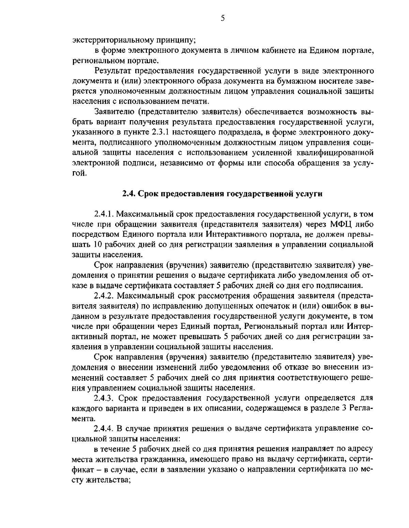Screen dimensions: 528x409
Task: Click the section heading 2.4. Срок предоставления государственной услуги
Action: tap(222, 194)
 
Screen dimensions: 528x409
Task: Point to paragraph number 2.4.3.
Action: tap(104, 398)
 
